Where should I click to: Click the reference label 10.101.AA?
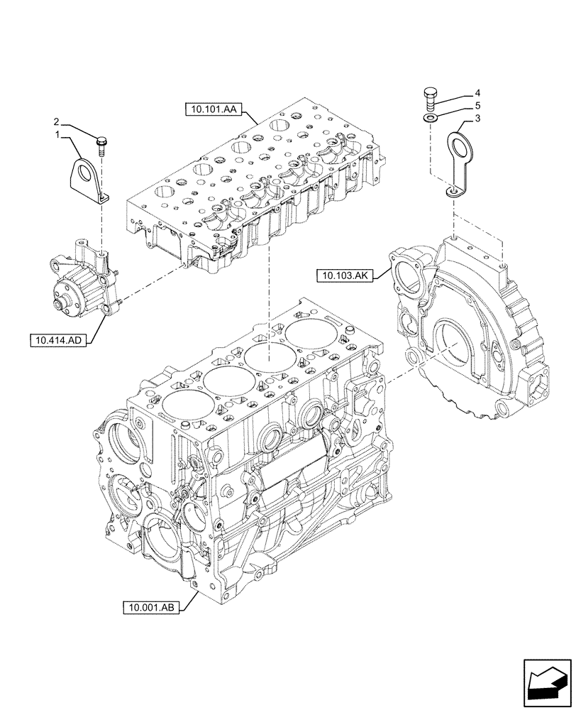[214, 109]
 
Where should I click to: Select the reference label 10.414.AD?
[57, 340]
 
